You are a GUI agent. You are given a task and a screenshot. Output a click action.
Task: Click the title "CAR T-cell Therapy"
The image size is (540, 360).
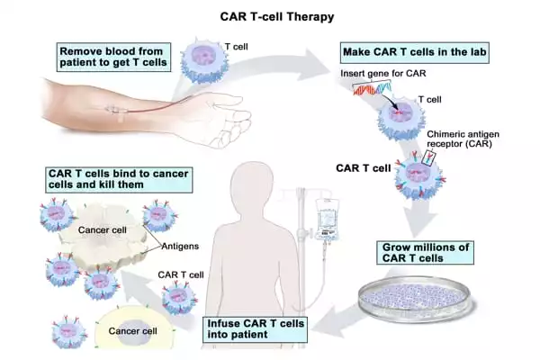(270, 15)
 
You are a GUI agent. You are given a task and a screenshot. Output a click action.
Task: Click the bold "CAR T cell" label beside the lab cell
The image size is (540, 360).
(364, 166)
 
